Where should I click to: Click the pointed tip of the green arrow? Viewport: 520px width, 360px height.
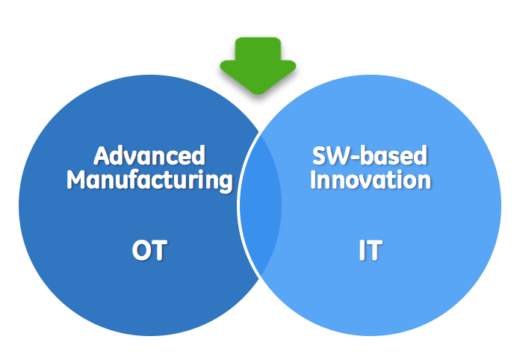click(x=258, y=92)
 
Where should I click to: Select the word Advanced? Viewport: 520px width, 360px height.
click(x=149, y=156)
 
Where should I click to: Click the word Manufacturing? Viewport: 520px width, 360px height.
click(x=149, y=181)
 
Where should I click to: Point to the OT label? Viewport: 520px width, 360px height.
click(x=149, y=251)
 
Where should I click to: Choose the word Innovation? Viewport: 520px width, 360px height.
click(x=370, y=180)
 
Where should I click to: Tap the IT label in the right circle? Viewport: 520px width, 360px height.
click(x=370, y=251)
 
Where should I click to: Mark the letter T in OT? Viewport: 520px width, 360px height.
click(x=158, y=251)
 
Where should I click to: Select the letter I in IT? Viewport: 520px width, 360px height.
click(x=362, y=251)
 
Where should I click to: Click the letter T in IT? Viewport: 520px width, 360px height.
click(x=374, y=251)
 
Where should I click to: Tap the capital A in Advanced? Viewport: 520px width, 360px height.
click(x=102, y=156)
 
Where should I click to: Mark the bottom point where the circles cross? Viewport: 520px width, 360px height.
click(x=259, y=282)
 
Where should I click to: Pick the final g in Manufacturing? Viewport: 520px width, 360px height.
click(x=226, y=183)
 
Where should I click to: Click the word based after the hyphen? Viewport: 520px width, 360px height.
click(x=393, y=156)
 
